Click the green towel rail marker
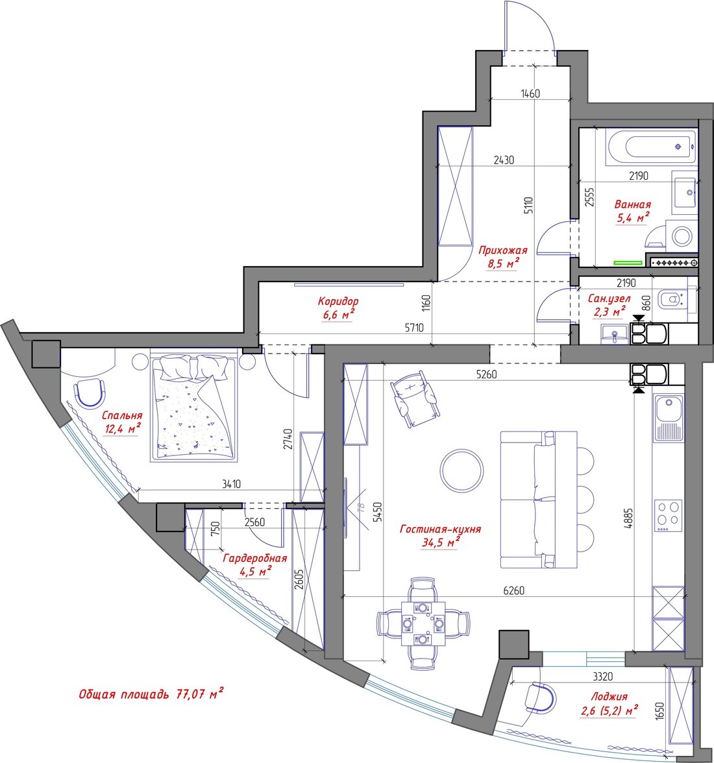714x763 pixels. [x=628, y=263]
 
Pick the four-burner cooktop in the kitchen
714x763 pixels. [x=668, y=515]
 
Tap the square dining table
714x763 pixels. [x=423, y=624]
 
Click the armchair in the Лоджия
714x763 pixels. [x=539, y=699]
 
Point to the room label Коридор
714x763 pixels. [x=338, y=301]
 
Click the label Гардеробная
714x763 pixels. [x=254, y=558]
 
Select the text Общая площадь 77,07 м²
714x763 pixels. [x=151, y=694]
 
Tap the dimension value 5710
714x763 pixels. [x=414, y=328]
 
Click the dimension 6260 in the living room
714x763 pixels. [x=513, y=590]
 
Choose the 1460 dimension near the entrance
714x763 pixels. [x=530, y=93]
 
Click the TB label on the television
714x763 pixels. [x=361, y=507]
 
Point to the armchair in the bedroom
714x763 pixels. [x=90, y=392]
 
